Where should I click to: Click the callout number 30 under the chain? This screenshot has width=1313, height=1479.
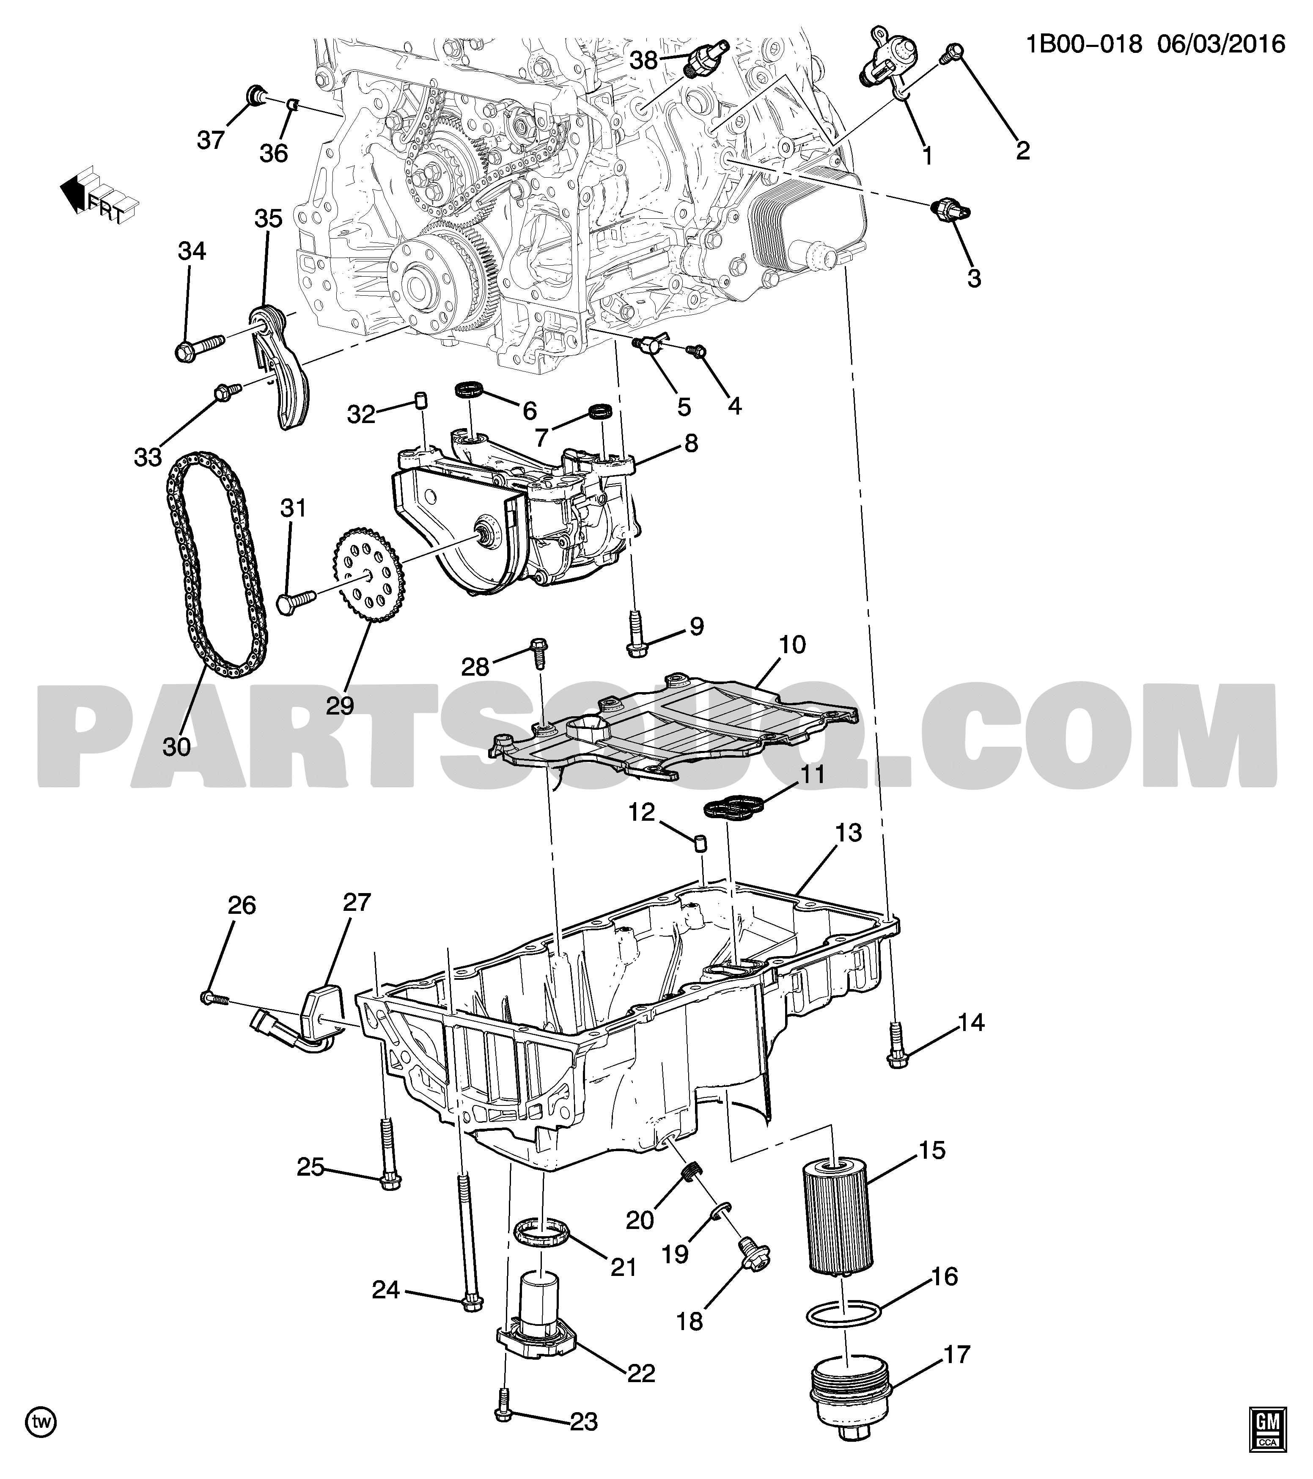click(176, 746)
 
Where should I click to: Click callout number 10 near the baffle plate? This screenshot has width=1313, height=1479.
click(793, 644)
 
